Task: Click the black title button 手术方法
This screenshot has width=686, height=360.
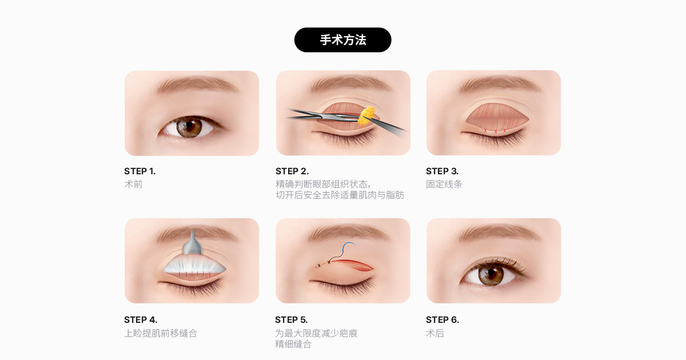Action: pos(342,40)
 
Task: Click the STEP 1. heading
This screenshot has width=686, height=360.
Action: pos(140,171)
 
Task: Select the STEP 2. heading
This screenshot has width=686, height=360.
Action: pos(292,171)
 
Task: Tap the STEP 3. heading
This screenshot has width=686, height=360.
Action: pos(442,171)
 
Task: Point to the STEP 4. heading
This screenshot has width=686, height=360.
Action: pos(141,320)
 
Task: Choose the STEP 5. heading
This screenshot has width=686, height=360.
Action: pos(291,320)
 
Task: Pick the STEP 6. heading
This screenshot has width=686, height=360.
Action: pos(442,320)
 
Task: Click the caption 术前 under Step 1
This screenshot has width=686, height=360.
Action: pos(133,184)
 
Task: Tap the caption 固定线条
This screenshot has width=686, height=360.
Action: pos(444,184)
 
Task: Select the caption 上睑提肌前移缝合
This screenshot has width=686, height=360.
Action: pos(161,333)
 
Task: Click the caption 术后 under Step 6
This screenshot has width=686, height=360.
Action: pos(435,333)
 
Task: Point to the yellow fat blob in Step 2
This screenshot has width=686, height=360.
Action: pos(367,117)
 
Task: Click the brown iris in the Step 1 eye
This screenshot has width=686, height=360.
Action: pos(189,127)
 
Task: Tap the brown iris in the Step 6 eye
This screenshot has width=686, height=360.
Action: pos(490,274)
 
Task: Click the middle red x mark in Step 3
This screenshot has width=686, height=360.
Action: pos(496,131)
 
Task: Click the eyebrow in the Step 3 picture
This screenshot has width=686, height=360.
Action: pos(500,84)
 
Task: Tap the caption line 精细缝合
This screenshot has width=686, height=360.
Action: pos(293,345)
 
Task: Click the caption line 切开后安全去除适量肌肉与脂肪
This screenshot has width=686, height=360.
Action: pos(340,195)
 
